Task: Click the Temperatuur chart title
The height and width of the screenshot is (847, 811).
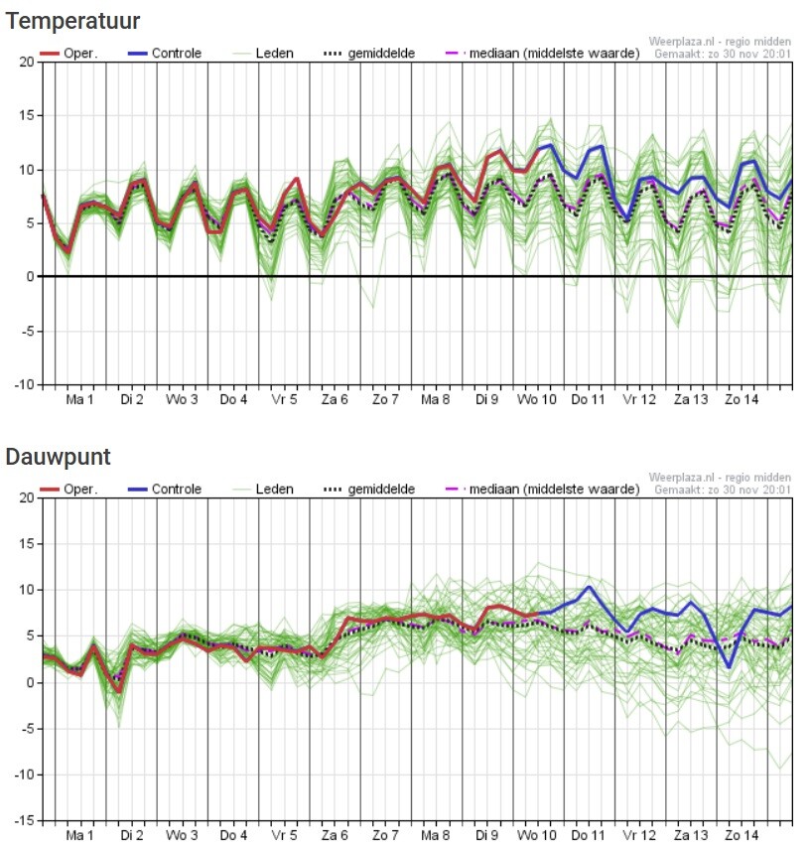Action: coord(72,21)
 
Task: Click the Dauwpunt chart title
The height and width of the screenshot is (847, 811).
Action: coord(58,458)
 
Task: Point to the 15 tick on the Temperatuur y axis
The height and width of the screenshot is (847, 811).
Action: coord(27,115)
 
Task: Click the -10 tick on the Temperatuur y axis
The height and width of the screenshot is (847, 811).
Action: coord(24,384)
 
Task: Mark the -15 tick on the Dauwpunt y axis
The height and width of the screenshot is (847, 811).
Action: coord(24,821)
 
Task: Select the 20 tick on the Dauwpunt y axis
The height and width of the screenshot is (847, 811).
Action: coord(27,497)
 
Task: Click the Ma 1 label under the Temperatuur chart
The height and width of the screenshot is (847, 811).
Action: coord(80,400)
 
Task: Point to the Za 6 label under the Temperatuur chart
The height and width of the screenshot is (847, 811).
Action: coord(335,400)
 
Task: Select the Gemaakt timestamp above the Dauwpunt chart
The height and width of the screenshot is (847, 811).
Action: coord(723,490)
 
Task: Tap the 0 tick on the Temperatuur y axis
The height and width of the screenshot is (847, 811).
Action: coord(30,277)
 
